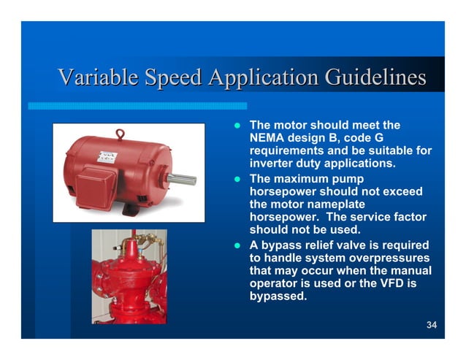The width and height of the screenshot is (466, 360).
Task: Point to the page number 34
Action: (431, 325)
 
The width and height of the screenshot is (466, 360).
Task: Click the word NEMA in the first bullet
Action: (267, 138)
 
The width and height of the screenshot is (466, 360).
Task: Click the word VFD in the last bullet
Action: (400, 284)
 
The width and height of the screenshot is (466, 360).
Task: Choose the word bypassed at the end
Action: (278, 297)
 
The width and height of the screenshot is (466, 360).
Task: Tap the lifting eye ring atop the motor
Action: (121, 134)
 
